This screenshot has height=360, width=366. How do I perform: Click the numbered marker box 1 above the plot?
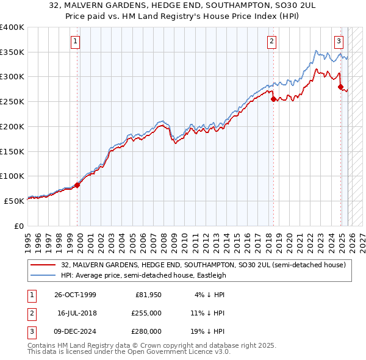tap(75, 41)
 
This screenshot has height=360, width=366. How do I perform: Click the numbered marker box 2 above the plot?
tap(271, 41)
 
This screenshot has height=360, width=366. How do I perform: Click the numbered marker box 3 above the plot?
tap(339, 41)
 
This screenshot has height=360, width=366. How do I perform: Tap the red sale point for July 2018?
tap(273, 99)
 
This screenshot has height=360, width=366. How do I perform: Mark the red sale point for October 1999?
tap(77, 185)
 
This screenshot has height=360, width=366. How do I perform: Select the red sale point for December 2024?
tap(340, 87)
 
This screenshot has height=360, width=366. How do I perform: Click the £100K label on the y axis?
tap(12, 176)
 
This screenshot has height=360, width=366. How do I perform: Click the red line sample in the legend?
tap(44, 265)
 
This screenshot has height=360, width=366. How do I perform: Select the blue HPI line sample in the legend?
tap(44, 275)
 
